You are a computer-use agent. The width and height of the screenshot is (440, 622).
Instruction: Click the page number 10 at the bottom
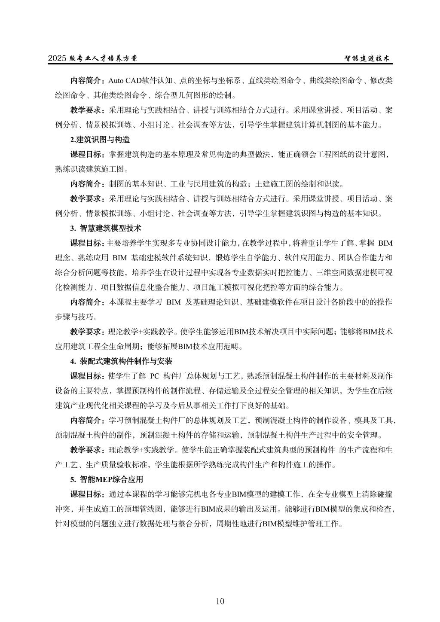[x=220, y=601]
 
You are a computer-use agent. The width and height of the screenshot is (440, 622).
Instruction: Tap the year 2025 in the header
[x=56, y=59]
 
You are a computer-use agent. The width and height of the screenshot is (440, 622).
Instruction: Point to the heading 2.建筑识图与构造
[x=100, y=140]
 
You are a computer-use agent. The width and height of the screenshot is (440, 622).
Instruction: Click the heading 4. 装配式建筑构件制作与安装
[x=121, y=361]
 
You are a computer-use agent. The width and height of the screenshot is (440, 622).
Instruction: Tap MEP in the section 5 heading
[x=104, y=479]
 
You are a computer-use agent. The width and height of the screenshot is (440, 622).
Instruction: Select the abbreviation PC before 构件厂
[x=155, y=376]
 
